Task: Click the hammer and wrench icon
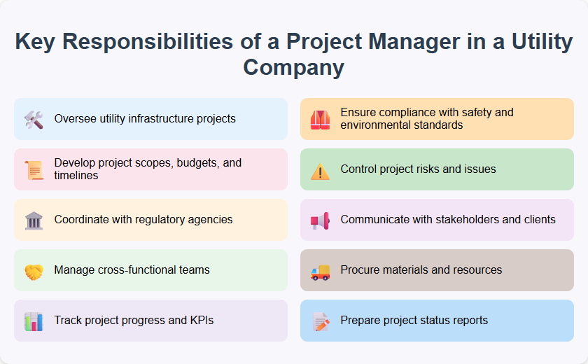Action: [34, 119]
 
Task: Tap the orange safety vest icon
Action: [320, 119]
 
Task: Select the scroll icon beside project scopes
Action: [34, 169]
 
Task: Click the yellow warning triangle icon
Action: [320, 170]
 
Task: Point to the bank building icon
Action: [34, 220]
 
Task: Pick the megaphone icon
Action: [320, 220]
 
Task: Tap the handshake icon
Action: [34, 271]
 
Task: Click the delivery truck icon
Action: [320, 271]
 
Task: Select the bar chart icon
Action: [34, 321]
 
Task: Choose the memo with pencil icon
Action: [320, 321]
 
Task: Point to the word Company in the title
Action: [294, 68]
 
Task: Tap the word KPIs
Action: [199, 321]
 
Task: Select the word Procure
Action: [360, 270]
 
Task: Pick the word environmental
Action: [374, 125]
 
